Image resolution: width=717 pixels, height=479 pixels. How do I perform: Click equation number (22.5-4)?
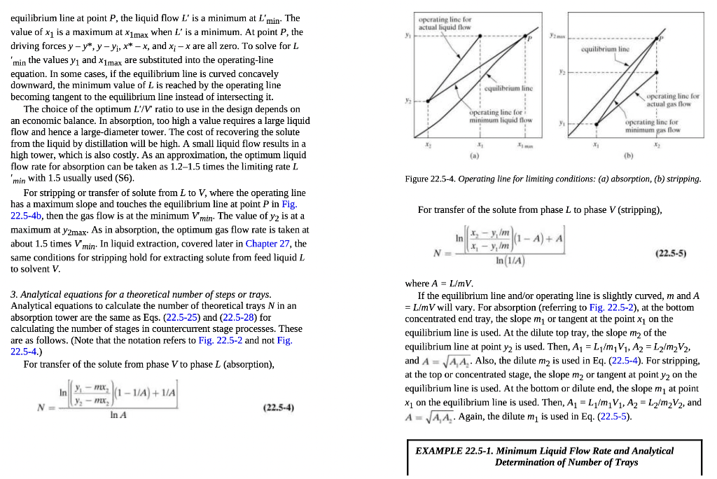pyautogui.click(x=279, y=407)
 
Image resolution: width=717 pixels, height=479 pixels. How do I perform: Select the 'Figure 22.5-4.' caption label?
pyautogui.click(x=430, y=179)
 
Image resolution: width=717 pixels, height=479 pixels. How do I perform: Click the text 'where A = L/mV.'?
pyautogui.click(x=440, y=284)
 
